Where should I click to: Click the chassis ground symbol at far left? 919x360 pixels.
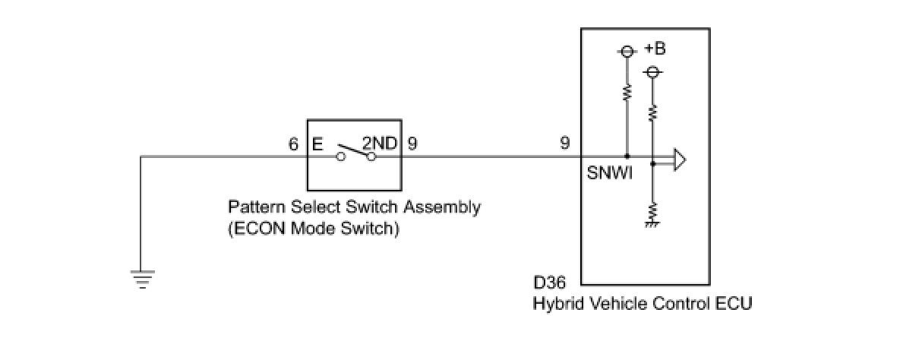pyautogui.click(x=142, y=279)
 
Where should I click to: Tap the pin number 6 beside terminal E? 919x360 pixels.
pyautogui.click(x=293, y=144)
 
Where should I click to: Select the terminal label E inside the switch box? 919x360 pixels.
pyautogui.click(x=317, y=144)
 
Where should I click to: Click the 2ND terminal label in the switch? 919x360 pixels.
pyautogui.click(x=380, y=144)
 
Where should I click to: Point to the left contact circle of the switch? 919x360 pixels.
pyautogui.click(x=340, y=156)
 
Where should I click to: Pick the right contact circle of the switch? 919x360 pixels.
pyautogui.click(x=371, y=156)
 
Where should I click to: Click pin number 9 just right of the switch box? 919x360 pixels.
pyautogui.click(x=412, y=144)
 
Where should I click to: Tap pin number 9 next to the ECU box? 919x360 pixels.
pyautogui.click(x=565, y=143)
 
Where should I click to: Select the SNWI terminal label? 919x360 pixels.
pyautogui.click(x=609, y=173)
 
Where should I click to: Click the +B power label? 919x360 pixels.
pyautogui.click(x=655, y=49)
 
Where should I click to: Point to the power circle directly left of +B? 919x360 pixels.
pyautogui.click(x=627, y=52)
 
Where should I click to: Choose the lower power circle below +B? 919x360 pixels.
pyautogui.click(x=652, y=72)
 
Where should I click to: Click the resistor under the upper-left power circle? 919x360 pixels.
pyautogui.click(x=627, y=93)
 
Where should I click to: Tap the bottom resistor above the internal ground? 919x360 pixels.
pyautogui.click(x=652, y=212)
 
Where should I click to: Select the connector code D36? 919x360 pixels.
pyautogui.click(x=549, y=283)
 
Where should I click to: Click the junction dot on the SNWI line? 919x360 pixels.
pyautogui.click(x=627, y=156)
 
